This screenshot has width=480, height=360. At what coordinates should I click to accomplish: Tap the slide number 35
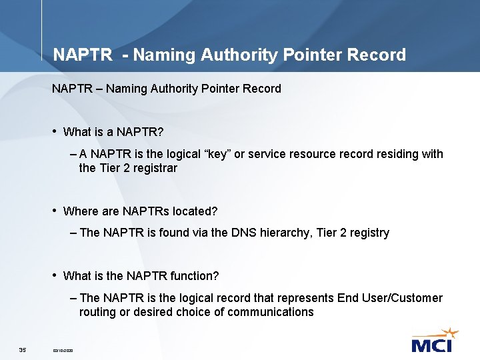point(22,350)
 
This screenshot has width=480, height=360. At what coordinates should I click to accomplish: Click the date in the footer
point(63,351)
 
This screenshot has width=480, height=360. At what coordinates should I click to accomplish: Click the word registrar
point(155,168)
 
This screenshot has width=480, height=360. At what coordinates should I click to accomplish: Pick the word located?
point(195,211)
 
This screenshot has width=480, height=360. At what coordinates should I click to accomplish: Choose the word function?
point(196,275)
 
